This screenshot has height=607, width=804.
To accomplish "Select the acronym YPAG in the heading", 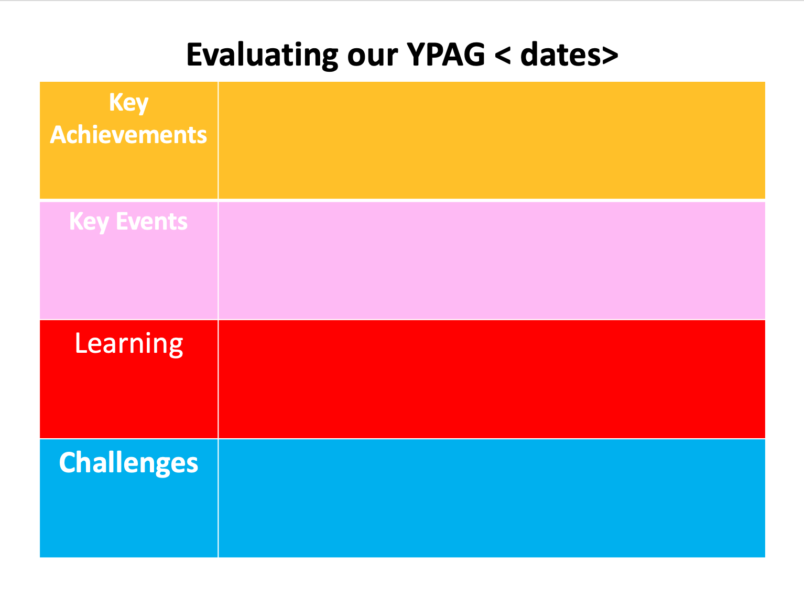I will (446, 55).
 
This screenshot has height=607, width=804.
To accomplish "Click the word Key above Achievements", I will (128, 103).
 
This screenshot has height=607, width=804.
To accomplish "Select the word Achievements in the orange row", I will (128, 135).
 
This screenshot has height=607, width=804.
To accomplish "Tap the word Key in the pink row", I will (89, 222).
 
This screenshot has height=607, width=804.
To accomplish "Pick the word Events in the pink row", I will (151, 222).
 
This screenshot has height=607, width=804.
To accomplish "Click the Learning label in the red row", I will (128, 344).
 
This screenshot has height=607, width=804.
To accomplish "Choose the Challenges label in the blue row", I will (128, 463).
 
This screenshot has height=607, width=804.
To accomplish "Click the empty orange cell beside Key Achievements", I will (491, 140).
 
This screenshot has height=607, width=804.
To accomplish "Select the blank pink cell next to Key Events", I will (491, 260).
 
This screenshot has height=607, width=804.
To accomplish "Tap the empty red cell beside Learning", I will (491, 379).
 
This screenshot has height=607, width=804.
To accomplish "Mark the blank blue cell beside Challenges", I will (491, 498).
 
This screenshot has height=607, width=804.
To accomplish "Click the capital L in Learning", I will (81, 343).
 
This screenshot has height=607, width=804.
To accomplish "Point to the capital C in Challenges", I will (68, 463).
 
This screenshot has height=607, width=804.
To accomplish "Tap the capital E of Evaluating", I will (194, 55).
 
